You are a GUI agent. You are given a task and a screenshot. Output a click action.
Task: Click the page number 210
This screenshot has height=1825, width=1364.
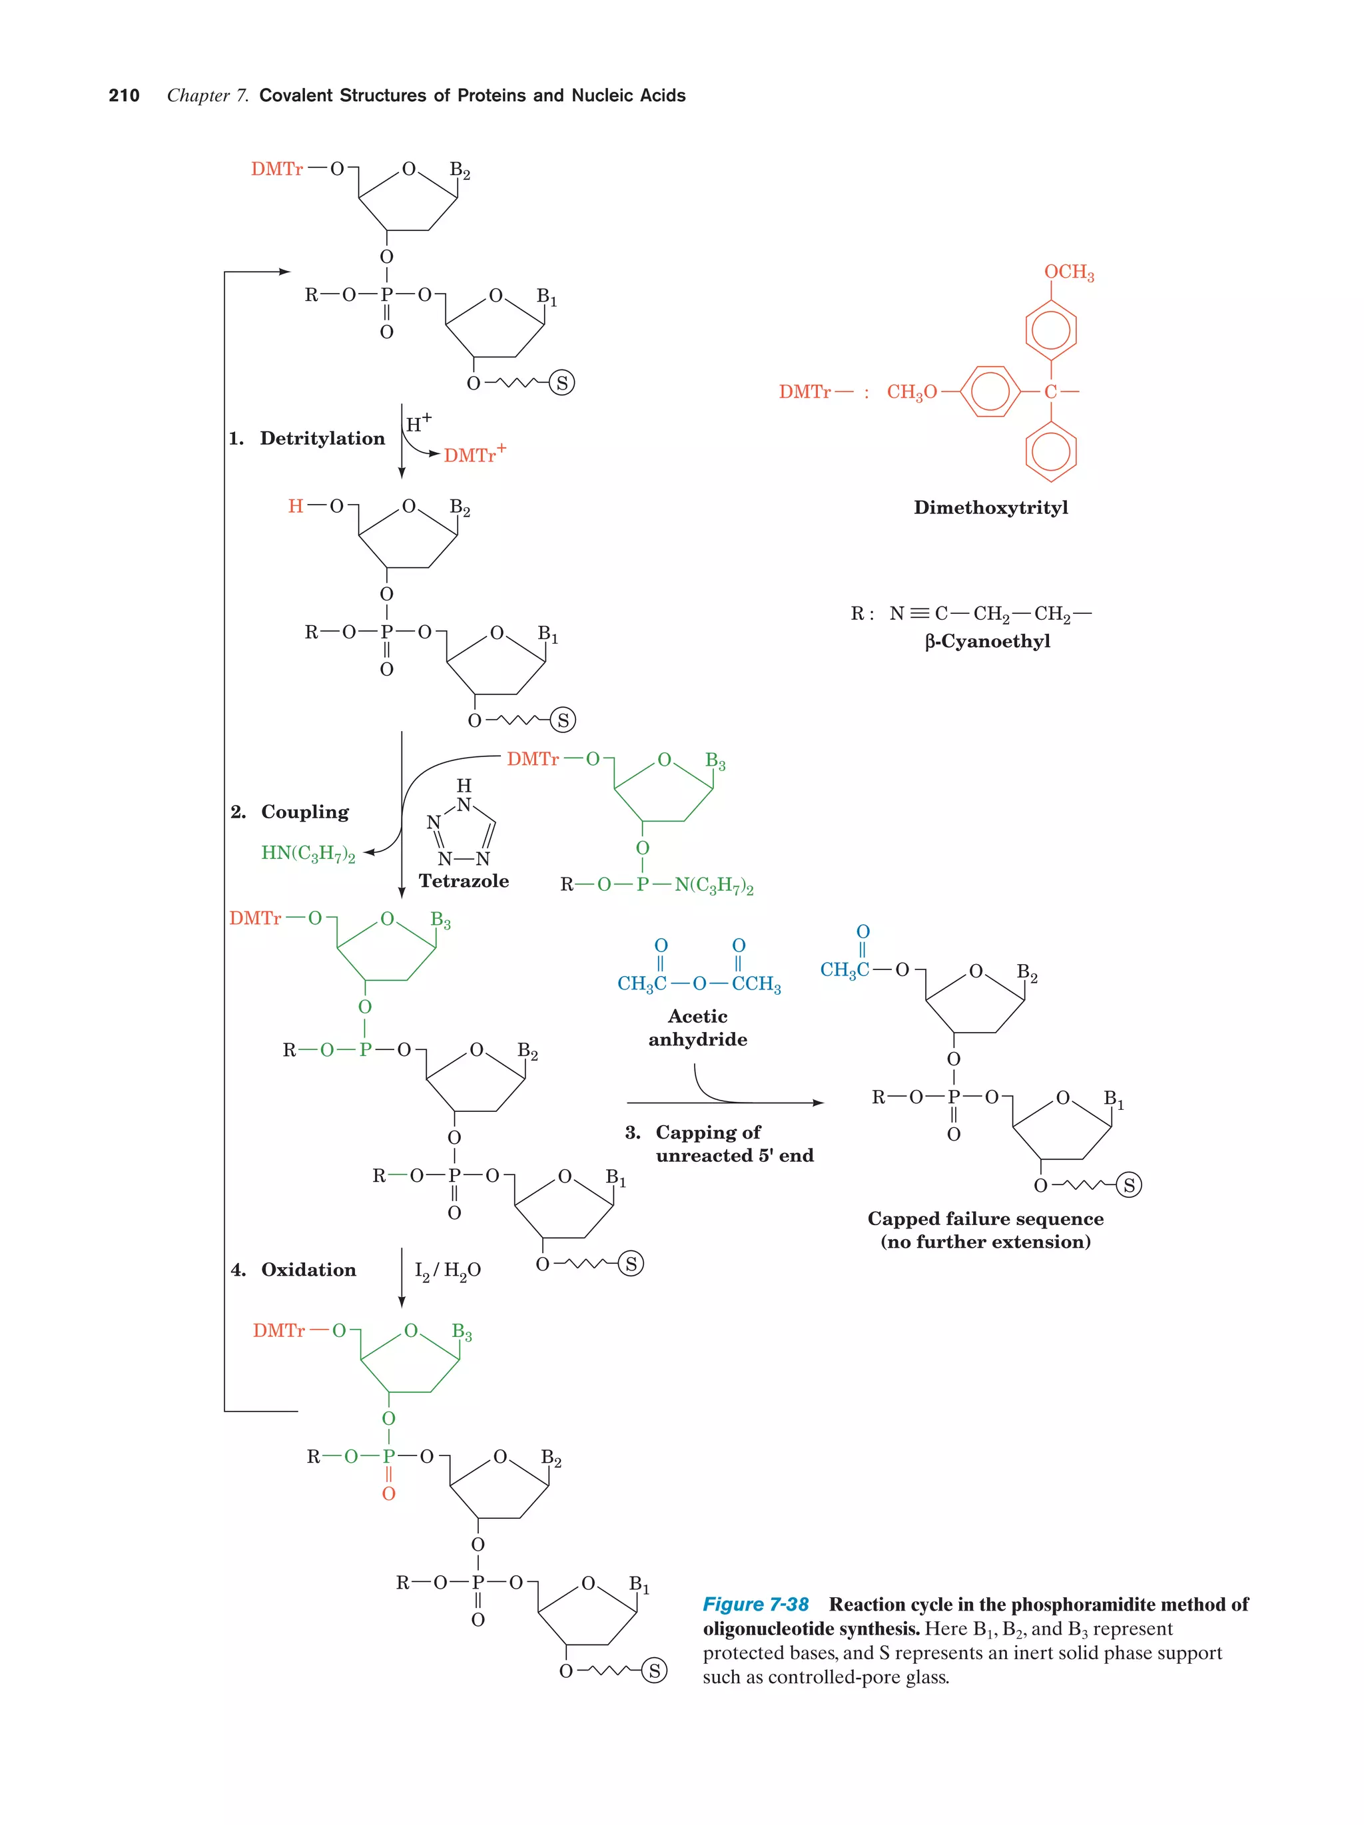(x=124, y=96)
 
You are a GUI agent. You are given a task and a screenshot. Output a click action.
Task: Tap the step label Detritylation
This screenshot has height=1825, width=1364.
(x=322, y=438)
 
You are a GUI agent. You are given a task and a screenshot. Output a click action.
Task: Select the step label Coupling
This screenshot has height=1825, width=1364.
(x=304, y=812)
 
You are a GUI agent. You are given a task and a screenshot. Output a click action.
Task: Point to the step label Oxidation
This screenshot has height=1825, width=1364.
(x=308, y=1270)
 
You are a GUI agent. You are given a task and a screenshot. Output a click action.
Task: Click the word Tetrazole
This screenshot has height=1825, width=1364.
(x=464, y=881)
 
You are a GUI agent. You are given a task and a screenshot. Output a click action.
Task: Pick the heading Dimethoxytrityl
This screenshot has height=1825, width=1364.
(x=990, y=507)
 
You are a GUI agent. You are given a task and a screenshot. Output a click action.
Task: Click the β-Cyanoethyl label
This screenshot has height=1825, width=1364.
(x=987, y=641)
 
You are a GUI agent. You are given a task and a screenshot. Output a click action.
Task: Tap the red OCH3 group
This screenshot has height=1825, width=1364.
(x=1068, y=272)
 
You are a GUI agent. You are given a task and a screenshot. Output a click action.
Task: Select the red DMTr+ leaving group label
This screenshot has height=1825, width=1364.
(x=474, y=455)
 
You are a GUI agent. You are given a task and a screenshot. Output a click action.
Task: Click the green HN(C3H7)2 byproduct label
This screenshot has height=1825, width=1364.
(x=308, y=853)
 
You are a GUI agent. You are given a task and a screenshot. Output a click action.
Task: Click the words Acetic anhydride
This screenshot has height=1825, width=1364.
(x=697, y=1028)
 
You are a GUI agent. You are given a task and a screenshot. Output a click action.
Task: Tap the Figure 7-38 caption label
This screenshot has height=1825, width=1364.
(x=755, y=1604)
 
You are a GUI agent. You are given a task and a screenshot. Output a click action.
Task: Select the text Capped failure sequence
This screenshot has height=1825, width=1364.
(x=985, y=1218)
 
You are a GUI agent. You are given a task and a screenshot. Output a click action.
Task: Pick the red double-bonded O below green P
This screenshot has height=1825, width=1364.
(x=389, y=1493)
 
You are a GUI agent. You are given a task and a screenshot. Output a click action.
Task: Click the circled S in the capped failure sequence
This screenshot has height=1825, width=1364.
(x=1129, y=1186)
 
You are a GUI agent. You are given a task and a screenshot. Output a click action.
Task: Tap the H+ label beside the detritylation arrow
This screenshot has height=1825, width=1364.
(x=418, y=424)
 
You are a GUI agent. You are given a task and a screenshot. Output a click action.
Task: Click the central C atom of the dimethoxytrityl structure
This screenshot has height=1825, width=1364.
(x=1050, y=392)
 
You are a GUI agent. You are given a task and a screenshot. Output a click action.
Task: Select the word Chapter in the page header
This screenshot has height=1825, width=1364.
(x=198, y=96)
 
